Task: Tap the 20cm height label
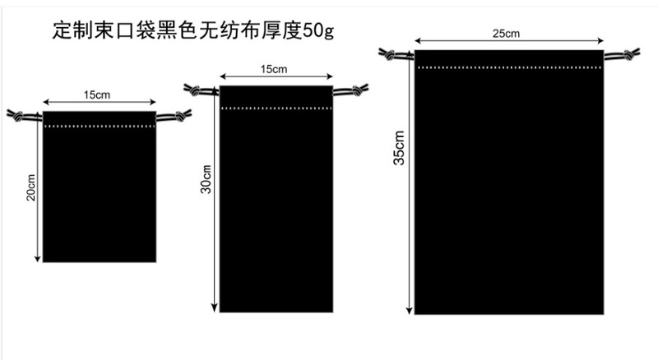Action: (30, 188)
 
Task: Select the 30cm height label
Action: (207, 181)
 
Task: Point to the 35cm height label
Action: (399, 149)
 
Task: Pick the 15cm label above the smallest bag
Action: (97, 95)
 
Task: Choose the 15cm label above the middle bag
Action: (275, 71)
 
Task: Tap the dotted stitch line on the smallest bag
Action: (99, 127)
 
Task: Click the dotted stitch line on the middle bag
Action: (276, 108)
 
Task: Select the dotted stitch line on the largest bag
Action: (508, 67)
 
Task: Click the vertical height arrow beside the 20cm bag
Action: (38, 189)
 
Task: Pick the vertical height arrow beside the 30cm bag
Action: (215, 197)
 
